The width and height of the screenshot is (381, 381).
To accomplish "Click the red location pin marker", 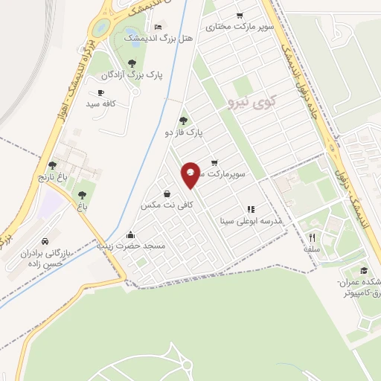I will tap(190, 174).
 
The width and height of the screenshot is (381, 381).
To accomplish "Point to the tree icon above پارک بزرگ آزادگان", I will tap(132, 63).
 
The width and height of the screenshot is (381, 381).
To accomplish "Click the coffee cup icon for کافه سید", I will tap(100, 93).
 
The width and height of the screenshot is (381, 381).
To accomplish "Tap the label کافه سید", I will tap(101, 104).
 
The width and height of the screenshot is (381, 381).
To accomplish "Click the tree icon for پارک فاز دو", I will tap(184, 121).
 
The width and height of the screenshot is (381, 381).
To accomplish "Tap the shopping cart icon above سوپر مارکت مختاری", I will tap(240, 15).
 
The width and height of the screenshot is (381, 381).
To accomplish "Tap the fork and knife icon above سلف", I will tap(312, 238).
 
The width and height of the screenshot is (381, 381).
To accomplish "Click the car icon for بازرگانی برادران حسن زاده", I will tap(46, 242).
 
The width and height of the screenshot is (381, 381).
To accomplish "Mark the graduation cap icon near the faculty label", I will tap(364, 271).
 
